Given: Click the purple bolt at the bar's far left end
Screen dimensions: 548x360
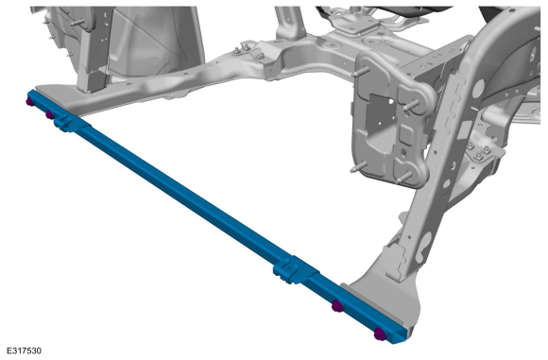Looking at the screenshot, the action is (29, 102).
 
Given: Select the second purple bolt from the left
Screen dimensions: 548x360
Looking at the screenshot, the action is (50, 114).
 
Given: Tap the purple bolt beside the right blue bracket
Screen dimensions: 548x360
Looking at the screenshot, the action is (337, 306).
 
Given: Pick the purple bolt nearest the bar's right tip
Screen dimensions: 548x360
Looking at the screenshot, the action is (380, 334).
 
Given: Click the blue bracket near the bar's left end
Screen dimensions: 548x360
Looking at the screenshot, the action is (70, 123).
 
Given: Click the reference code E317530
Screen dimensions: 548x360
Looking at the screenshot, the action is (24, 351).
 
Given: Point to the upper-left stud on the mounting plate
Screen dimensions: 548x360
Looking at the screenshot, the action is (362, 72).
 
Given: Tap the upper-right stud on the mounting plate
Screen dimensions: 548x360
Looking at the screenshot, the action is (412, 105).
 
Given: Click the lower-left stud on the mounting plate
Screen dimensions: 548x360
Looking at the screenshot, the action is (357, 167).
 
